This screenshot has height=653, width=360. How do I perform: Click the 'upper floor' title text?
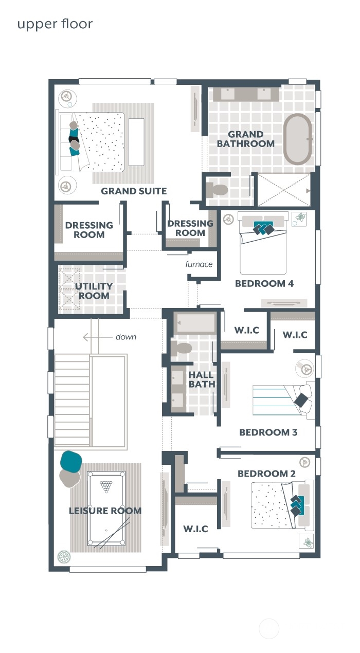click(55, 24)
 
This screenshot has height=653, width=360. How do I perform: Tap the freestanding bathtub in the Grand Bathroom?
click(298, 139)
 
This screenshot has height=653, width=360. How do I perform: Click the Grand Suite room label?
click(134, 191)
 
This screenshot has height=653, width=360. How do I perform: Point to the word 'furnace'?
click(199, 264)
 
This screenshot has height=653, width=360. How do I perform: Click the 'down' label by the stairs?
click(125, 337)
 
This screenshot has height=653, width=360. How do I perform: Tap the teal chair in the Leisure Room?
click(71, 461)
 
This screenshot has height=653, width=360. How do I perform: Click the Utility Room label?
click(94, 291)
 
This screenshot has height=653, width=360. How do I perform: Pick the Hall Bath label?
click(201, 379)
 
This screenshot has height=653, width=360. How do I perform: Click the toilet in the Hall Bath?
click(181, 348)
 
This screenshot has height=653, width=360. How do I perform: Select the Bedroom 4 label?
click(264, 283)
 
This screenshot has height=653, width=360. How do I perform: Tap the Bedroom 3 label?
click(268, 432)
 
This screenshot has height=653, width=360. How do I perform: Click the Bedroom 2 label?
click(266, 474)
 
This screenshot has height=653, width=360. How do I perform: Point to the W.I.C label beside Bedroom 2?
click(195, 529)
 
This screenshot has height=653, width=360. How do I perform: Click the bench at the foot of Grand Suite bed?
click(136, 142)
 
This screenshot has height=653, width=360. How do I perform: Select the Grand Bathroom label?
click(245, 139)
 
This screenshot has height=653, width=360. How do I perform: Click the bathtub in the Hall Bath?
click(195, 323)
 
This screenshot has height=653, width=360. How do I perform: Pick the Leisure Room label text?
click(105, 511)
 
